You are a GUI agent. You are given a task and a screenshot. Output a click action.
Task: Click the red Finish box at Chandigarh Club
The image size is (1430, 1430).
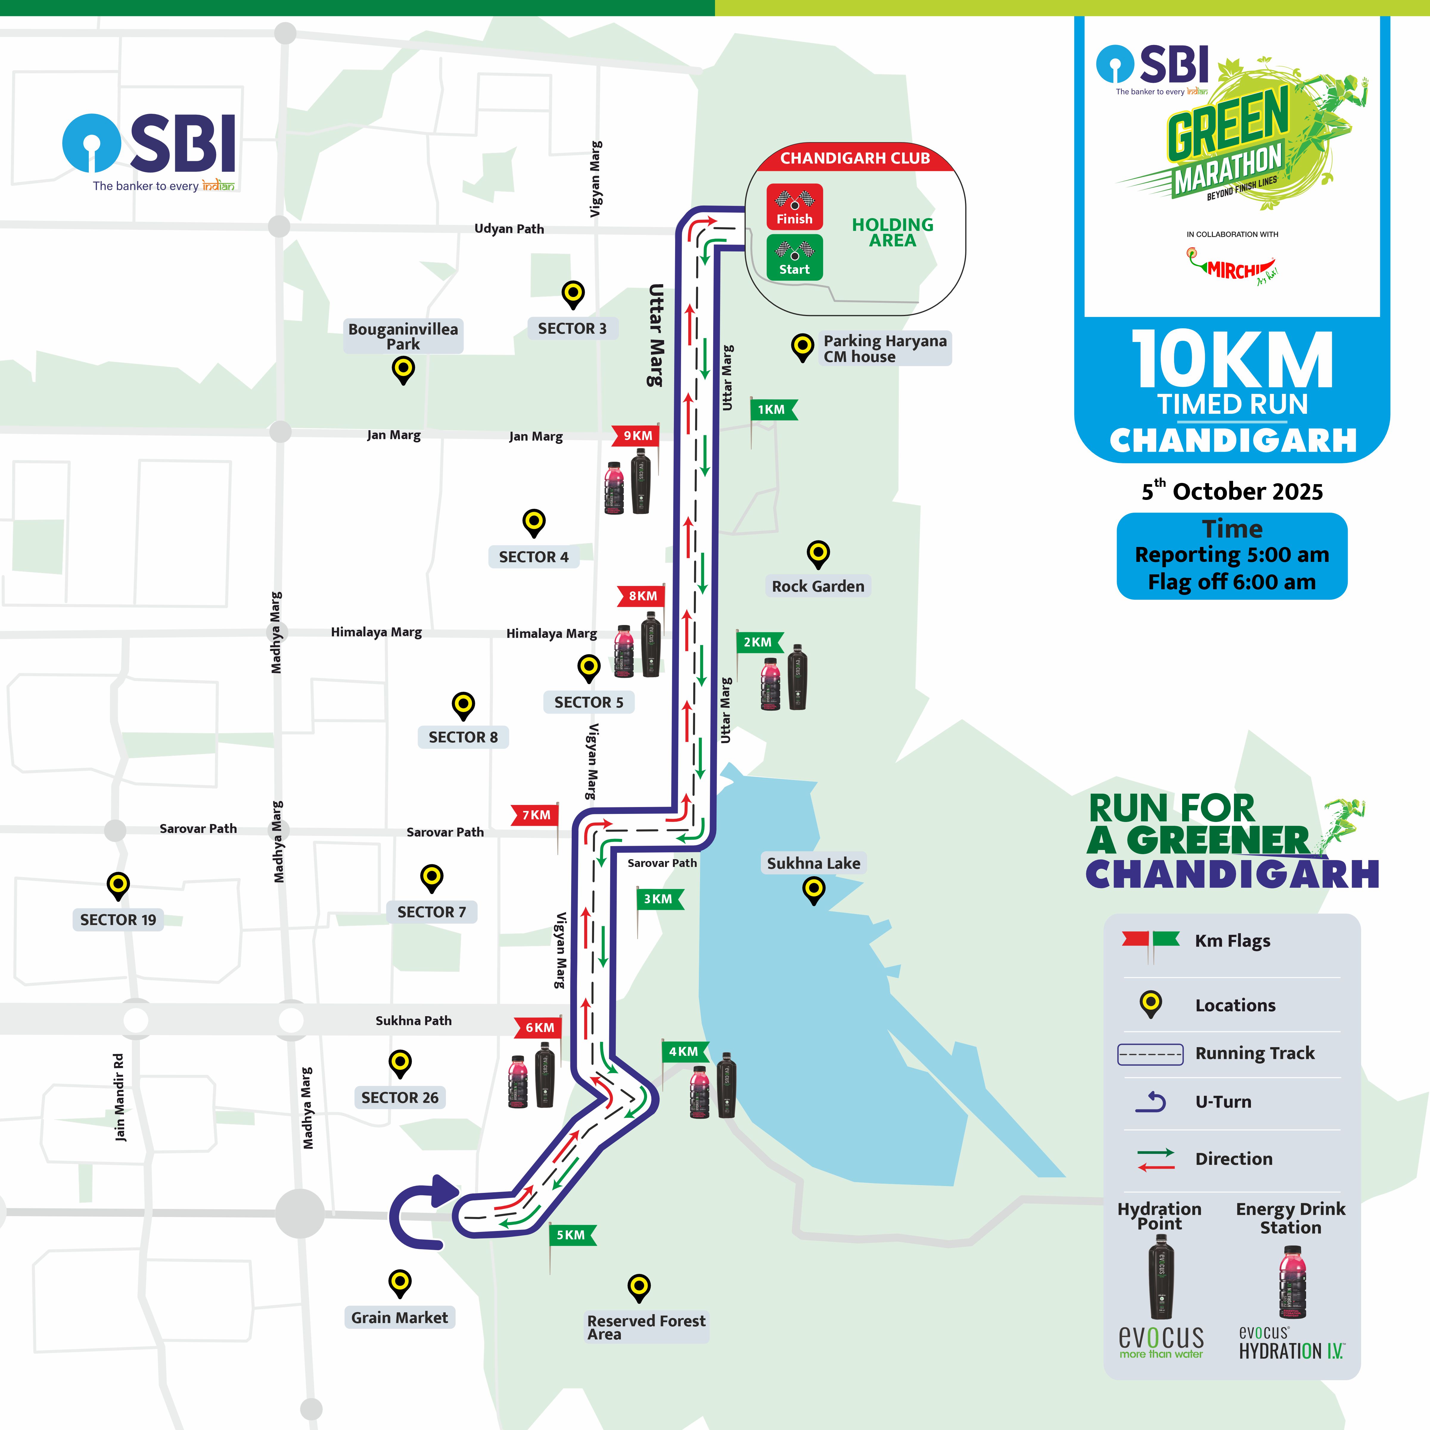(794, 206)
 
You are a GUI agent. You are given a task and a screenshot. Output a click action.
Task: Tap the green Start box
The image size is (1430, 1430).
(794, 257)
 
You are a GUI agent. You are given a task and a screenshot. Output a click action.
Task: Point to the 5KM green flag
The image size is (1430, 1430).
(571, 1235)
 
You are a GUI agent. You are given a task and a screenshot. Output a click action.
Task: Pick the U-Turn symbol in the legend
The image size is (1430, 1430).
(1151, 1102)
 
